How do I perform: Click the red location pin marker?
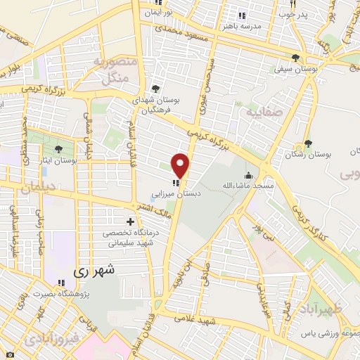181,165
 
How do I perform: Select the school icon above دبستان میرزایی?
174,182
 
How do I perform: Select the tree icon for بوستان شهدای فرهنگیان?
155,89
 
